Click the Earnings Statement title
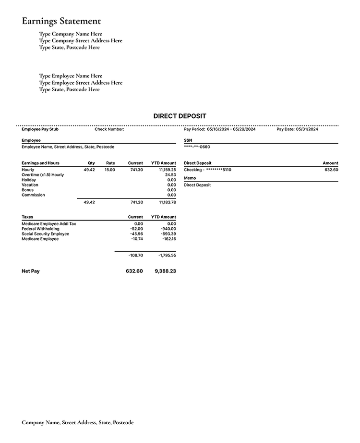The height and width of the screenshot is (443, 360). tap(61, 21)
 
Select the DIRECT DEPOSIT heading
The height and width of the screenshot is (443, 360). tap(180, 116)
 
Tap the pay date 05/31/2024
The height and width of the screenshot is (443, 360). tap(307, 129)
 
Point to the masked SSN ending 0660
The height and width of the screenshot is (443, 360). tap(197, 147)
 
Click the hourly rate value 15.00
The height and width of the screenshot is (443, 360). tap(110, 170)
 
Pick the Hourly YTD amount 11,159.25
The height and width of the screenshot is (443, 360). tap(167, 170)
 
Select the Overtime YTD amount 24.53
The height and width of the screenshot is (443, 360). tap(170, 175)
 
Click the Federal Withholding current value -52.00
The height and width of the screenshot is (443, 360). tap(136, 229)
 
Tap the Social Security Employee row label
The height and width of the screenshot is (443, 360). tap(46, 234)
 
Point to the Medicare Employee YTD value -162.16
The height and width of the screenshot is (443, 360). tap(169, 239)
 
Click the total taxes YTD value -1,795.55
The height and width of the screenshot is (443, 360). tap(167, 255)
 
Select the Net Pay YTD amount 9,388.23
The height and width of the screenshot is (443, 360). tap(165, 271)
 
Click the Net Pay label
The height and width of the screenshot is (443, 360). tap(31, 271)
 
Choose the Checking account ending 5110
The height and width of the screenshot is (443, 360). tap(207, 170)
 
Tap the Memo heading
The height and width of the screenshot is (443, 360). tap(190, 178)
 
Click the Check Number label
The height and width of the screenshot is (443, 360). tap(109, 129)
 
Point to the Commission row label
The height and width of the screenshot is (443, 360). tap(33, 195)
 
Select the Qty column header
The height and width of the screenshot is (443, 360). tap(91, 163)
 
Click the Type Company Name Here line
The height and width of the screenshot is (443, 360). tap(71, 34)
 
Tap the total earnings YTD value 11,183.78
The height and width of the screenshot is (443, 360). tap(167, 202)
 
